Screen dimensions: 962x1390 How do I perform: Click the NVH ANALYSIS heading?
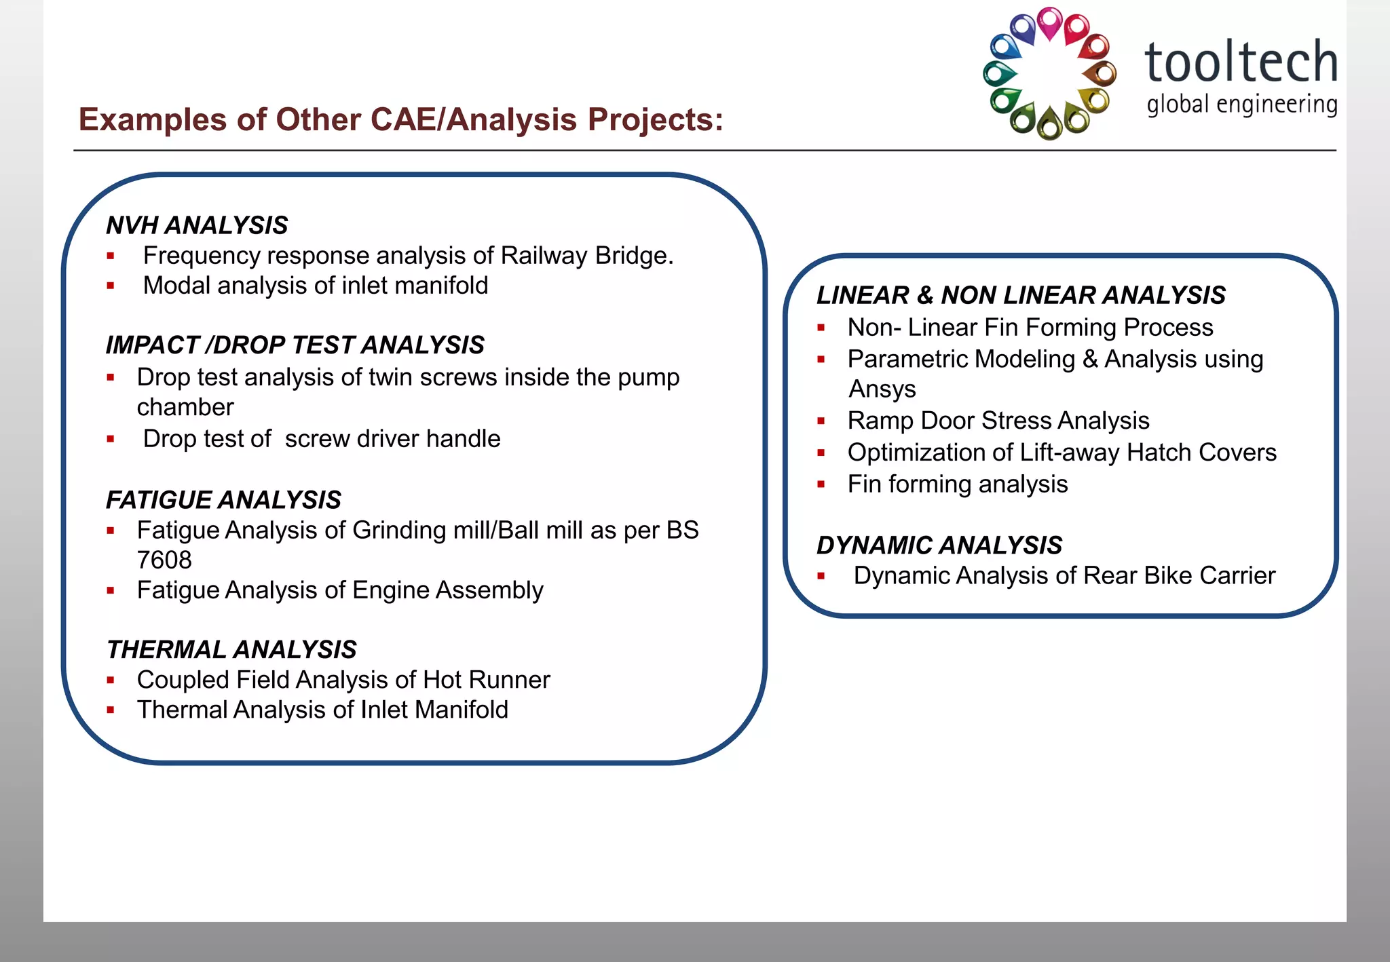197,225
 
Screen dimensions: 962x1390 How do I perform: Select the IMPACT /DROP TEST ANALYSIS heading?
295,345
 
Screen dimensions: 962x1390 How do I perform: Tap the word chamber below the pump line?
185,407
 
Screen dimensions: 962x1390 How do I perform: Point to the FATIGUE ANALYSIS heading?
223,500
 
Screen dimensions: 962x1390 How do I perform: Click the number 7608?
164,560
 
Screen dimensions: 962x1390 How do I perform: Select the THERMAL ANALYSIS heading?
231,649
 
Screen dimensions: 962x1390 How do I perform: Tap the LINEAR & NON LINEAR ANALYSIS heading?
1021,295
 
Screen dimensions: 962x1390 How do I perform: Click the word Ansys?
882,389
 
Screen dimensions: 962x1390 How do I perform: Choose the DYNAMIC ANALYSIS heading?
939,545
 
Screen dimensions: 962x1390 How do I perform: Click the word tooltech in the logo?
1241,62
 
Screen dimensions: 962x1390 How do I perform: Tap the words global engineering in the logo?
1241,105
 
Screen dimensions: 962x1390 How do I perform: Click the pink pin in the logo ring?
1050,22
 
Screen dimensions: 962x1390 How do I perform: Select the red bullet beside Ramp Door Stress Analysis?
821,421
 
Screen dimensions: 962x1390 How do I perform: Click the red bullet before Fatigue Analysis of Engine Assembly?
111,591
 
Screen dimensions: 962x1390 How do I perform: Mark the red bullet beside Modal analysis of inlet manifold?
111,286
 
